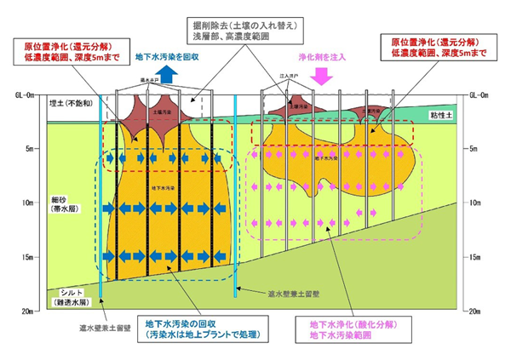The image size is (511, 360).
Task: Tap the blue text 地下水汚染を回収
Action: tap(166, 58)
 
